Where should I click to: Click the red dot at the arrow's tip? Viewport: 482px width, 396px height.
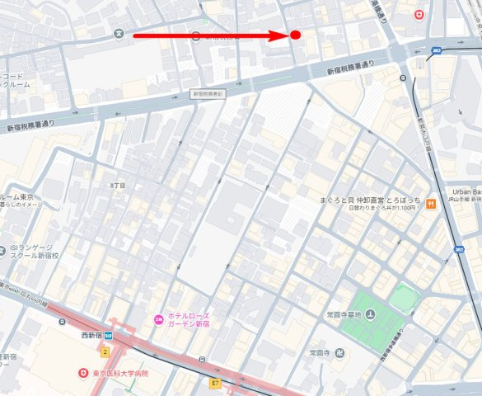pos(295,35)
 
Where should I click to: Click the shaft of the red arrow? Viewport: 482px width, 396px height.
pos(206,35)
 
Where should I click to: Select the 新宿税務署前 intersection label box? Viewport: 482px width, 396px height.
pos(208,94)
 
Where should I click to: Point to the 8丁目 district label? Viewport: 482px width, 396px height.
pos(118,186)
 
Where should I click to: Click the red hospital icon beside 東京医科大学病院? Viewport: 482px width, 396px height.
pos(83,374)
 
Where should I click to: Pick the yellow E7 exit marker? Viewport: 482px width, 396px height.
pos(216,383)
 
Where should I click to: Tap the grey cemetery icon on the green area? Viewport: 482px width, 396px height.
pos(370,313)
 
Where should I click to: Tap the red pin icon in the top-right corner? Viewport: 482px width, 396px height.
pos(419,14)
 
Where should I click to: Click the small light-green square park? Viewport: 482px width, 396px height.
pos(404,297)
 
